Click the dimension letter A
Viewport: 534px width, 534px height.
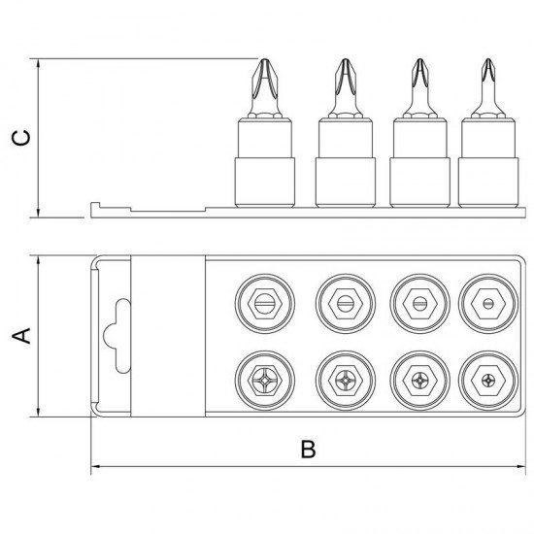pyautogui.click(x=21, y=336)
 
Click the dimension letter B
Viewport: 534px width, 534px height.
pyautogui.click(x=308, y=450)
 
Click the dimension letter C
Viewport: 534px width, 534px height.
pyautogui.click(x=21, y=138)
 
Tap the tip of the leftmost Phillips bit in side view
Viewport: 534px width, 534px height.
pyautogui.click(x=265, y=59)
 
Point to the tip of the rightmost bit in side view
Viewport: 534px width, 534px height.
pyautogui.click(x=488, y=59)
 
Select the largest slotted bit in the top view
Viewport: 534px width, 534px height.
pyautogui.click(x=265, y=303)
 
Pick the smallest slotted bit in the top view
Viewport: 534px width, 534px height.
pyautogui.click(x=488, y=303)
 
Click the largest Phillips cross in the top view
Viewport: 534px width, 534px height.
pyautogui.click(x=265, y=381)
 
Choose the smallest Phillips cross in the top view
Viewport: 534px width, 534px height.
pyautogui.click(x=488, y=381)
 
